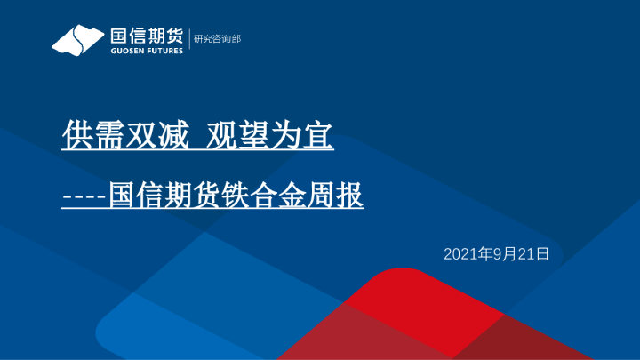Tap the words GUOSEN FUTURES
coord(146,51)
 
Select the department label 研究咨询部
coord(217,39)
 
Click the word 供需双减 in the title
coord(125,136)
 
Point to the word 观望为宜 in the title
coord(269,136)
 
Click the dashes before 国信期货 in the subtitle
coord(84,195)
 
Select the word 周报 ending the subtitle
coord(342,195)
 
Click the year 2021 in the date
coord(460,254)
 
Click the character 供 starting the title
coord(77,136)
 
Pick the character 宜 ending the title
coord(317,136)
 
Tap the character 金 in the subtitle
coord(300,195)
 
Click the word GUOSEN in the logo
coord(126,51)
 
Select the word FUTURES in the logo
coord(164,51)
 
